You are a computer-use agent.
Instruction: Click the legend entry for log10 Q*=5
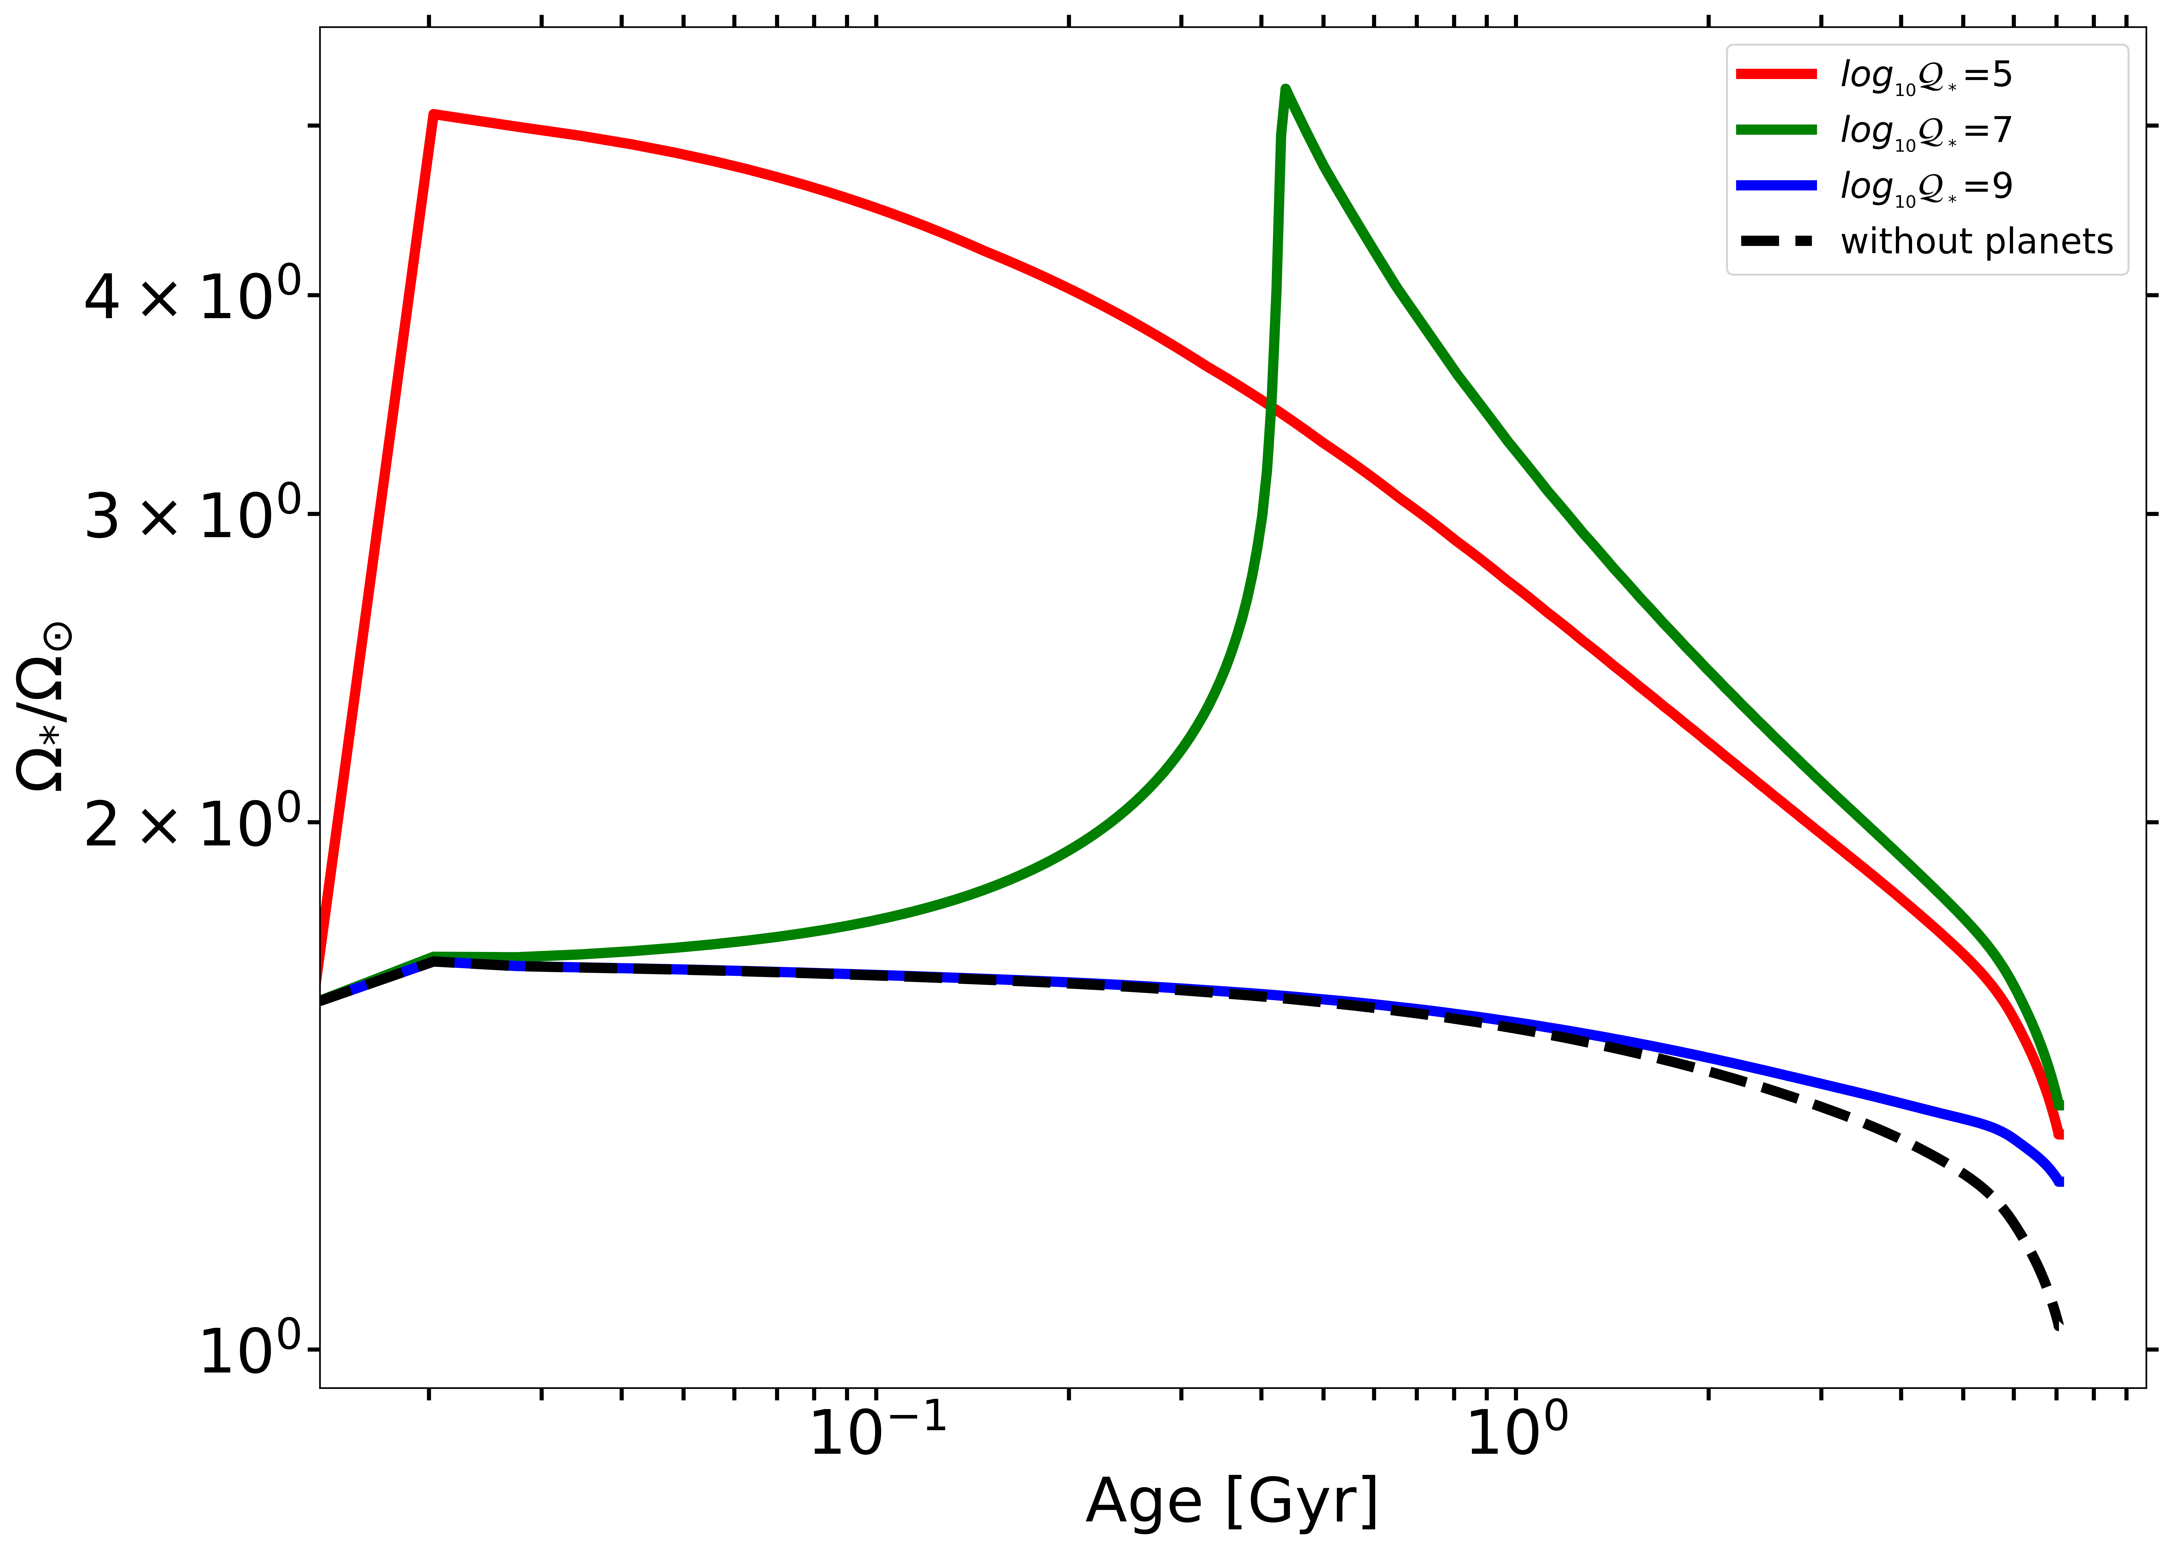pos(1925,74)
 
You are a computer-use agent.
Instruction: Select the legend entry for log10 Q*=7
pos(1925,130)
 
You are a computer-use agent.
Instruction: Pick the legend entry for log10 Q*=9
pos(1925,185)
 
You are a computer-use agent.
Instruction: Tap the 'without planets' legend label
pos(1977,241)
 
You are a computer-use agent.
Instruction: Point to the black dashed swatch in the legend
pos(1776,241)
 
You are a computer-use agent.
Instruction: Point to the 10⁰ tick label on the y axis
pos(250,1351)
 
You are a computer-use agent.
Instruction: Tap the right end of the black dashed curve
pos(2059,1326)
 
